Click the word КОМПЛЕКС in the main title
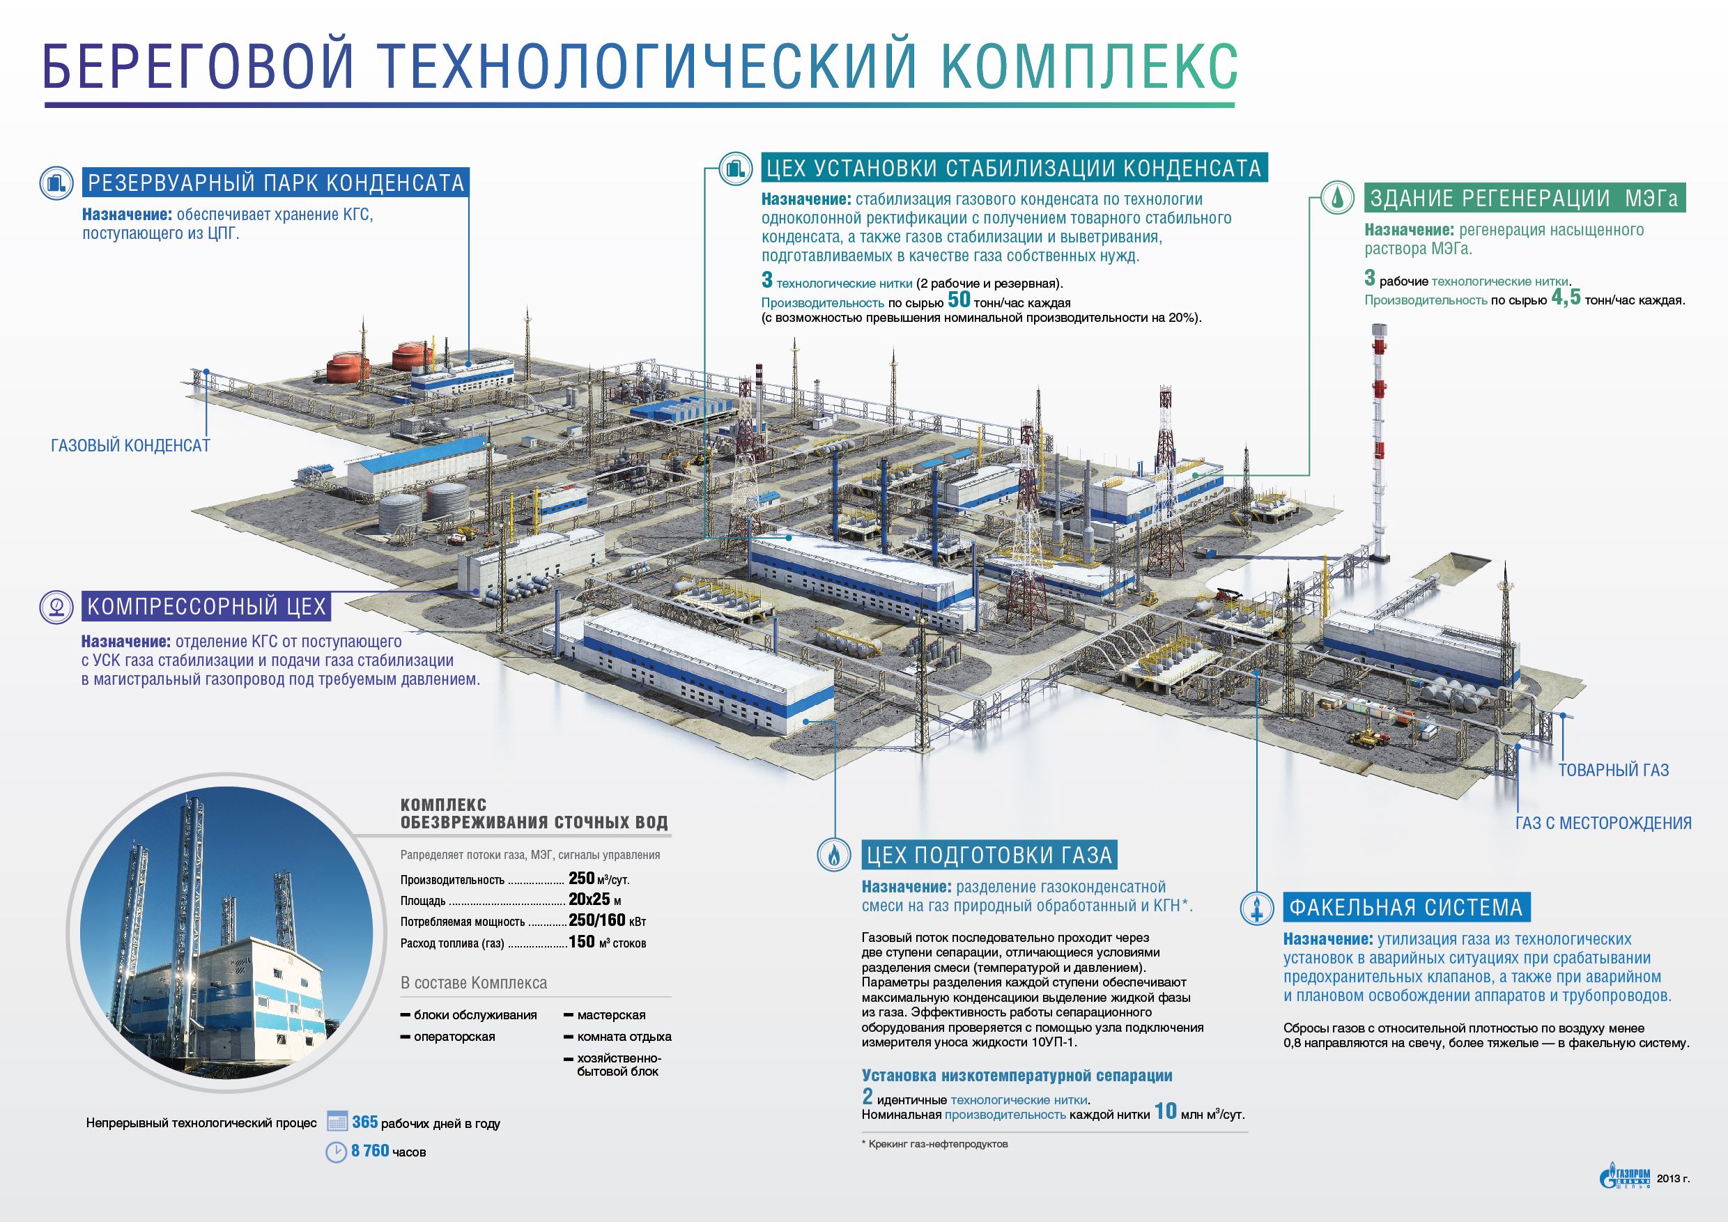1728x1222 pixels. point(1089,66)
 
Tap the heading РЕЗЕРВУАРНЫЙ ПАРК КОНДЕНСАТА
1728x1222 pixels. point(275,183)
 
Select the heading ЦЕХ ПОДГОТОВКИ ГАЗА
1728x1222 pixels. point(989,855)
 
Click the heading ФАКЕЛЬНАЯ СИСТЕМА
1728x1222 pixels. point(1406,908)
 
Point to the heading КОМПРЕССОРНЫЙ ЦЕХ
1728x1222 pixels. point(206,607)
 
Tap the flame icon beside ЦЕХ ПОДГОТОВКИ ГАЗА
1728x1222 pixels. point(835,855)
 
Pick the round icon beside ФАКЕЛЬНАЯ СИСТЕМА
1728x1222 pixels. point(1257,908)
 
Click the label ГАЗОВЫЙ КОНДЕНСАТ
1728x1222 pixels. point(130,445)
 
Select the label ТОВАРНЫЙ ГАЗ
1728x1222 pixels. point(1614,770)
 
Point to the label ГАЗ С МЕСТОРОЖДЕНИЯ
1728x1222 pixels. point(1603,823)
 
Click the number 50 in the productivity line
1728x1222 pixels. point(959,300)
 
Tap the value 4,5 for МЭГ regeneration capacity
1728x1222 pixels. point(1566,298)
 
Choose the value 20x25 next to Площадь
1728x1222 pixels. point(589,899)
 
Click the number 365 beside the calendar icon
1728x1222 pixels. point(364,1122)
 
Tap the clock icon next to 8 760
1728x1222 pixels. point(336,1152)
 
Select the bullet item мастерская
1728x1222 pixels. point(610,1015)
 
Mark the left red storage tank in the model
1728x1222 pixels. point(346,366)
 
